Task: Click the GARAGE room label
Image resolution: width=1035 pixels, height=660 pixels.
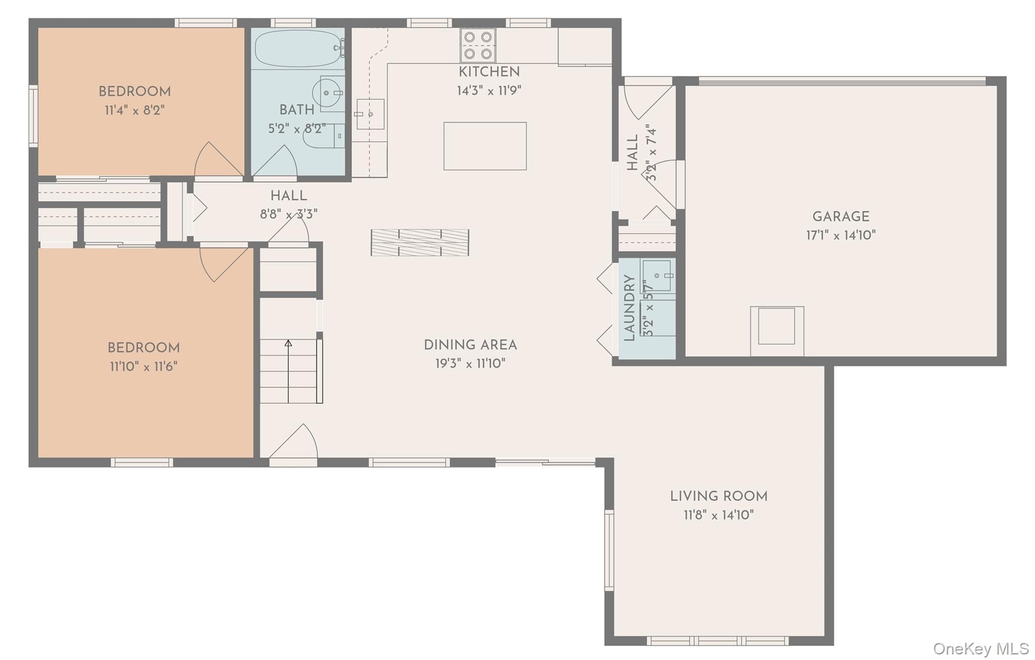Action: click(x=841, y=216)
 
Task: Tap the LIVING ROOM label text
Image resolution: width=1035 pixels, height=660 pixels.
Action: click(x=719, y=496)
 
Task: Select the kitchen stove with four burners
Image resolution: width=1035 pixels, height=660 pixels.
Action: click(x=478, y=45)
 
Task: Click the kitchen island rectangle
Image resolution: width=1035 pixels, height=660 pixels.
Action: click(x=485, y=146)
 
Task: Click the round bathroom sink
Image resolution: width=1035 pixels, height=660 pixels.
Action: click(x=327, y=93)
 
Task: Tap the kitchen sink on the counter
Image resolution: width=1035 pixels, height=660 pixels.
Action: click(x=370, y=114)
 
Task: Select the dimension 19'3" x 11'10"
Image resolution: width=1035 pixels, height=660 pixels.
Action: click(x=471, y=363)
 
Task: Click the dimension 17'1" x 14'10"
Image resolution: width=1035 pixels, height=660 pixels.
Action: click(x=841, y=235)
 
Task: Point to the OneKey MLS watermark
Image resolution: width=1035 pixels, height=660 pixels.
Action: click(x=981, y=648)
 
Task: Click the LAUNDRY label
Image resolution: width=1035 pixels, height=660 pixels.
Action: click(x=629, y=308)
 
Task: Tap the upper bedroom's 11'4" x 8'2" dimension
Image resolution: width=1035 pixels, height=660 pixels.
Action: click(x=134, y=110)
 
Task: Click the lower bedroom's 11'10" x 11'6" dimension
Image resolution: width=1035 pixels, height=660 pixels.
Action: click(x=144, y=366)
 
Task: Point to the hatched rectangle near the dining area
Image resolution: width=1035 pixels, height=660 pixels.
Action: click(x=420, y=243)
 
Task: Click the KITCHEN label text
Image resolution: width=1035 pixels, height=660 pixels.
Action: click(x=489, y=72)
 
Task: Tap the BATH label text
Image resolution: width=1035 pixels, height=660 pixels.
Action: click(x=297, y=110)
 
